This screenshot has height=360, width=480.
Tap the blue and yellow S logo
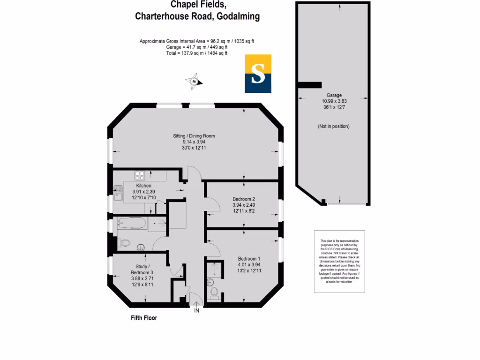(258, 74)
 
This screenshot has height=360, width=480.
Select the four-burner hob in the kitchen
(140, 176)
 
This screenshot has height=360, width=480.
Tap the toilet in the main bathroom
(124, 243)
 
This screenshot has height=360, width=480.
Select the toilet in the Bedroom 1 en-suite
(214, 292)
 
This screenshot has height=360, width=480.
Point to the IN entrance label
(196, 311)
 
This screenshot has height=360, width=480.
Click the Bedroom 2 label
(244, 199)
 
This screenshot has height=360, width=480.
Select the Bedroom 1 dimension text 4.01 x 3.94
(249, 264)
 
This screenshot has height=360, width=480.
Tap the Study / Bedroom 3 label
(142, 270)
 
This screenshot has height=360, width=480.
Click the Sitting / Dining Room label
(194, 136)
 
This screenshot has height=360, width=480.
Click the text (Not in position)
(333, 127)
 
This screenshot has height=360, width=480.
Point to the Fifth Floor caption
(143, 318)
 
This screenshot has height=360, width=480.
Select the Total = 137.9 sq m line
(197, 53)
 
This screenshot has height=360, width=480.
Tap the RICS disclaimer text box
(339, 262)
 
